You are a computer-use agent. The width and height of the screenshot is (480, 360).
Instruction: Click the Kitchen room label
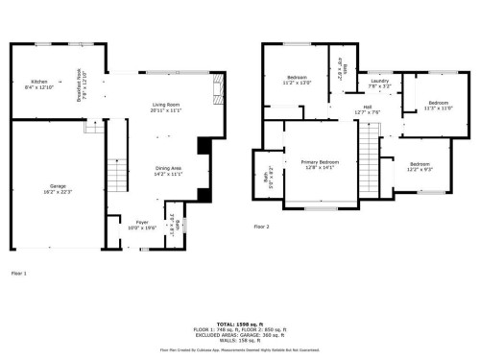click(x=39, y=82)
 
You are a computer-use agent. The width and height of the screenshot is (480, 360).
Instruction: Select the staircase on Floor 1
click(x=116, y=174)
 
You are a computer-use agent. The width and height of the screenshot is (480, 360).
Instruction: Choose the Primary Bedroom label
click(x=316, y=162)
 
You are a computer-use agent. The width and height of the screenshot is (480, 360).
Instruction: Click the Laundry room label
click(x=379, y=82)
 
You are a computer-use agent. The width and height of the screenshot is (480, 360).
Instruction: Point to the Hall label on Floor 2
click(x=368, y=108)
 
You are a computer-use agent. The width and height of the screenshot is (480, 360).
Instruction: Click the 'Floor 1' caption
click(x=18, y=274)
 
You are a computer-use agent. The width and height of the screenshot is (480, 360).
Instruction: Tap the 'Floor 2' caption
click(x=262, y=227)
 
